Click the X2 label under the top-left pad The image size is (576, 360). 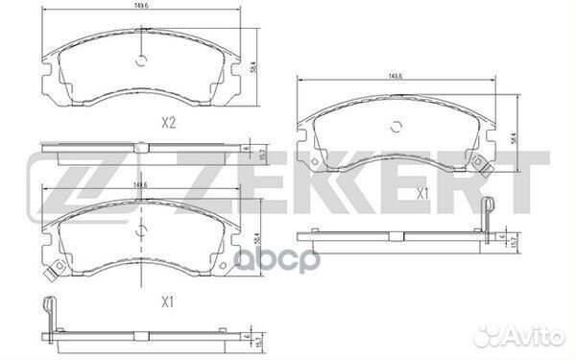[x=167, y=123]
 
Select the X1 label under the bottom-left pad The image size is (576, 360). [x=167, y=302]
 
